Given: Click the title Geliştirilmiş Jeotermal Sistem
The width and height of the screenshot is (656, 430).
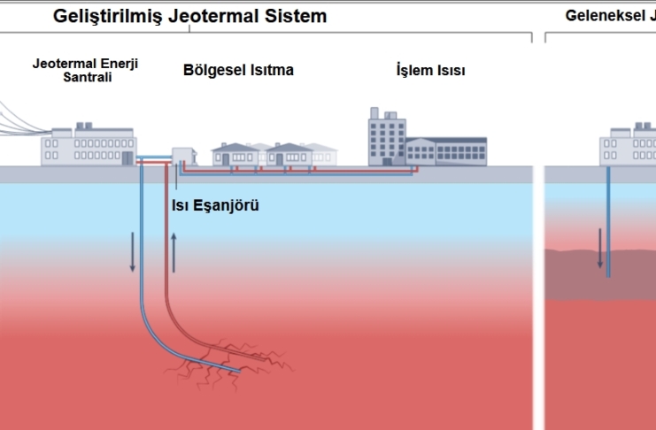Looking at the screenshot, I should point(189,16).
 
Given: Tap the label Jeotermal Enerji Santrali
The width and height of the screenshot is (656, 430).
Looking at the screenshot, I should point(85,71).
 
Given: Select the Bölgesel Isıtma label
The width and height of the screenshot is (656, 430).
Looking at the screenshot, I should point(238,70).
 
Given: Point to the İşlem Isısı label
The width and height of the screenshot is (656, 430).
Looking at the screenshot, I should point(430,71).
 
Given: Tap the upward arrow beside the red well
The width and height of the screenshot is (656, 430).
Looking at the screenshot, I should point(174,251).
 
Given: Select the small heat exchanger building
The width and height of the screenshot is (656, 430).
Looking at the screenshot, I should point(182,156).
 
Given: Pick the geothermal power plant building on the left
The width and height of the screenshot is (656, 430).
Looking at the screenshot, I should point(88,146).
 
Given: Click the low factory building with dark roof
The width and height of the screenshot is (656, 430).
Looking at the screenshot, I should point(446,150).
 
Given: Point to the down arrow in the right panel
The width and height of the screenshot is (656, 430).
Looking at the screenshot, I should point(599,248).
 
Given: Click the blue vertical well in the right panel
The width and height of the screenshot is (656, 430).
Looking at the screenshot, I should point(608,221).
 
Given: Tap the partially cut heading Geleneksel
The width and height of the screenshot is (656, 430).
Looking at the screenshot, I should point(607,16).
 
